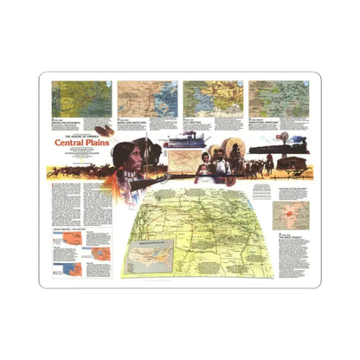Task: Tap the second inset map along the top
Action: [x=141, y=98]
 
